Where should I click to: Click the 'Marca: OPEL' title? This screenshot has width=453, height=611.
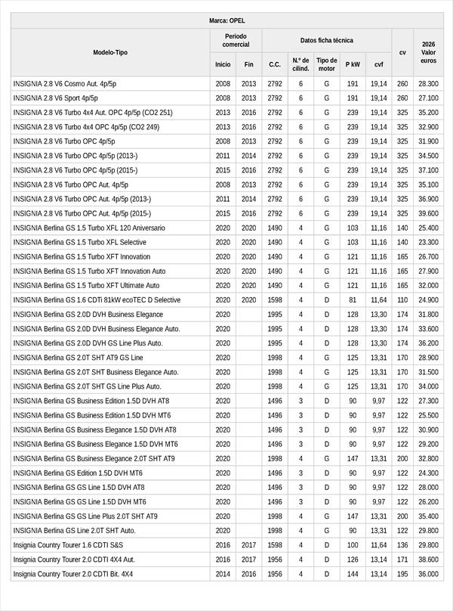(x=226, y=20)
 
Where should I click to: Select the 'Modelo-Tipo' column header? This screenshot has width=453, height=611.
(x=110, y=52)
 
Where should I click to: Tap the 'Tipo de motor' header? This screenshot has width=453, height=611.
(x=326, y=64)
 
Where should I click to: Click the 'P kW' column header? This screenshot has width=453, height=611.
(x=353, y=65)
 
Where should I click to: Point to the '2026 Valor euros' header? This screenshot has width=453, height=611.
(x=428, y=52)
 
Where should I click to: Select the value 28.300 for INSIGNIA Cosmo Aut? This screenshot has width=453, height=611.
(x=428, y=84)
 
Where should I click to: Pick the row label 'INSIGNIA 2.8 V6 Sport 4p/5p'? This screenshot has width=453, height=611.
(x=55, y=98)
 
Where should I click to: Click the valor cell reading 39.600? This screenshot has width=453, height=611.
(x=428, y=213)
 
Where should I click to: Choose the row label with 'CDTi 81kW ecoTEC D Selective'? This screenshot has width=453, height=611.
(x=97, y=300)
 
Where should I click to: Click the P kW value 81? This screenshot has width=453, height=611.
(x=353, y=300)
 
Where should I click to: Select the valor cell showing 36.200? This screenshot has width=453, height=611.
(x=428, y=343)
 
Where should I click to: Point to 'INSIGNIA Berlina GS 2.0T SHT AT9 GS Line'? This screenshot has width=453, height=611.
(x=78, y=358)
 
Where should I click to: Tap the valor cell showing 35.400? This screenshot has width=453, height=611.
(x=428, y=516)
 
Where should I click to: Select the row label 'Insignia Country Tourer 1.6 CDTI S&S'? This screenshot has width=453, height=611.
(x=68, y=545)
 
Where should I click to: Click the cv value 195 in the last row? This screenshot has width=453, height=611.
(x=402, y=574)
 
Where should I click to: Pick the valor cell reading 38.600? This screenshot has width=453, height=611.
(x=428, y=560)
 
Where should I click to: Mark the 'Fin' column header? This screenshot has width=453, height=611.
(x=249, y=65)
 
